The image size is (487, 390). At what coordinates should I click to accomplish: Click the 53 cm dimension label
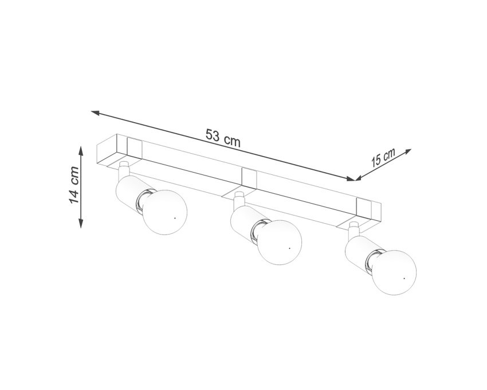(223, 139)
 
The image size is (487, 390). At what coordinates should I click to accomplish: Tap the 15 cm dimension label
(383, 157)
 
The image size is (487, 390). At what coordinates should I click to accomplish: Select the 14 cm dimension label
(74, 185)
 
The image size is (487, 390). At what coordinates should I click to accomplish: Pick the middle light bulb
(280, 243)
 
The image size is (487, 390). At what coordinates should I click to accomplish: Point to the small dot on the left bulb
(175, 219)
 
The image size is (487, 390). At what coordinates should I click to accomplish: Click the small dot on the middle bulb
(289, 248)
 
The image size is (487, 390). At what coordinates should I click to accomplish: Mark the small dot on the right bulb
(404, 278)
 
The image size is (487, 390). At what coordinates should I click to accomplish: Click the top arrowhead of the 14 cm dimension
(81, 151)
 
